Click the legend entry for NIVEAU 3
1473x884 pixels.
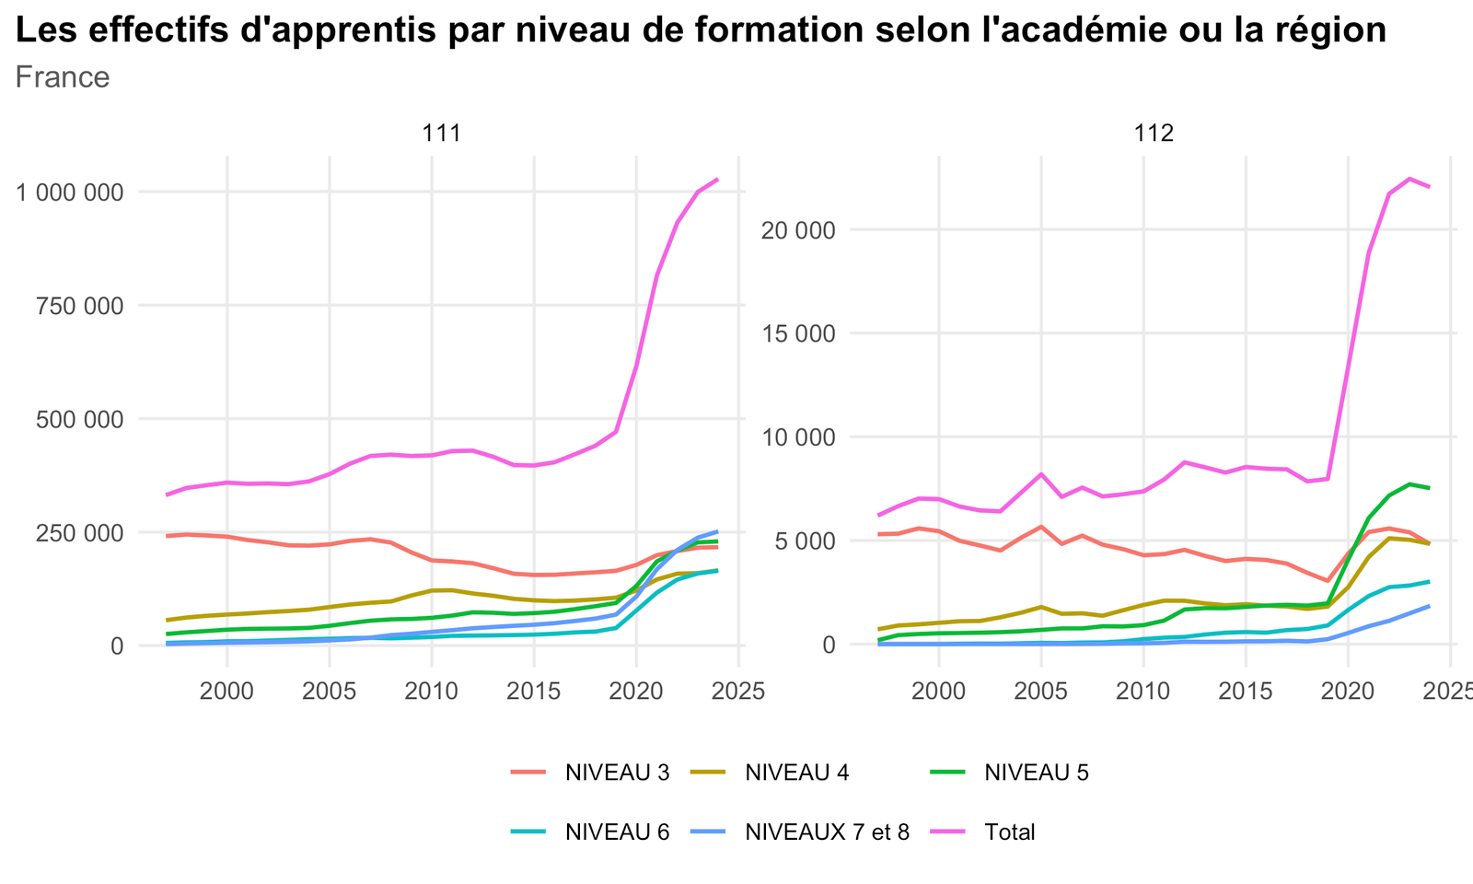coord(590,773)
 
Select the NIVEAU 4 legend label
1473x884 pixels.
coord(770,773)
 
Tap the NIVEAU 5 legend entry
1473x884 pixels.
coord(1009,773)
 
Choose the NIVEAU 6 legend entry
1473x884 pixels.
coord(590,832)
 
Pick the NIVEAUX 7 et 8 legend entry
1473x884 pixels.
coord(800,832)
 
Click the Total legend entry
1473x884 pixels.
coord(982,832)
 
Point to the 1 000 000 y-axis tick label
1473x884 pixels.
coord(70,192)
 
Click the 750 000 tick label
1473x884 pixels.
coord(79,307)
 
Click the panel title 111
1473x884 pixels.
coord(441,134)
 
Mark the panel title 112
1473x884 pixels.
coord(1154,134)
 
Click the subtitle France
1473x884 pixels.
coord(63,77)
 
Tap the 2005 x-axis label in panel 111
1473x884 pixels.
coord(330,692)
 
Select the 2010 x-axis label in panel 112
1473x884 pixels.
coord(1143,692)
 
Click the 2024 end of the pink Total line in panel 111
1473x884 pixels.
coord(717,179)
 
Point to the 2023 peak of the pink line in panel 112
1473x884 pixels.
coord(1409,179)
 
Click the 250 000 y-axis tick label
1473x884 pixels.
coord(79,533)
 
